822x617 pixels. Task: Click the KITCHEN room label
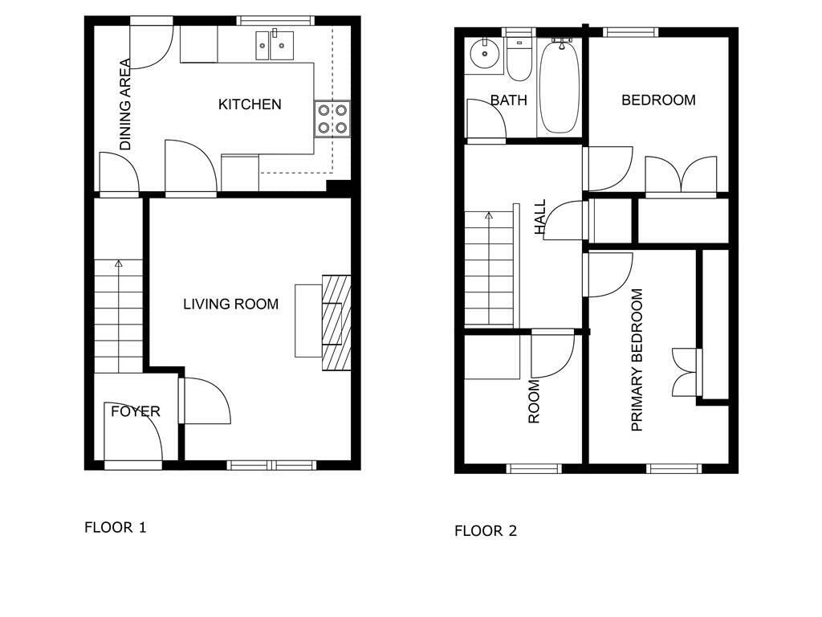tap(250, 104)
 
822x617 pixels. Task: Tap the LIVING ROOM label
tap(230, 304)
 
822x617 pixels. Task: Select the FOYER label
tap(135, 411)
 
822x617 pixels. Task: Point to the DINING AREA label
tap(125, 104)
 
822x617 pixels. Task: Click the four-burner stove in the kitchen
tap(332, 119)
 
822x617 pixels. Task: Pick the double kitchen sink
tap(275, 46)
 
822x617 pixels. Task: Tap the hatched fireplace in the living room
tap(336, 323)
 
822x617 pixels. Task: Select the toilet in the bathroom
tap(519, 59)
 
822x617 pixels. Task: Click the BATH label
tap(508, 100)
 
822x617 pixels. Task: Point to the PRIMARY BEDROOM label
tap(637, 360)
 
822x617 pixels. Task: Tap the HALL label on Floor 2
tap(540, 217)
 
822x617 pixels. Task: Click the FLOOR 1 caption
tap(116, 527)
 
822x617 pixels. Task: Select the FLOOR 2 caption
tap(486, 531)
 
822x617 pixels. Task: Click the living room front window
tap(271, 465)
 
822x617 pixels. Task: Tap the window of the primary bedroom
tap(673, 468)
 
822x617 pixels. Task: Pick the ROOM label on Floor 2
tap(534, 402)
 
